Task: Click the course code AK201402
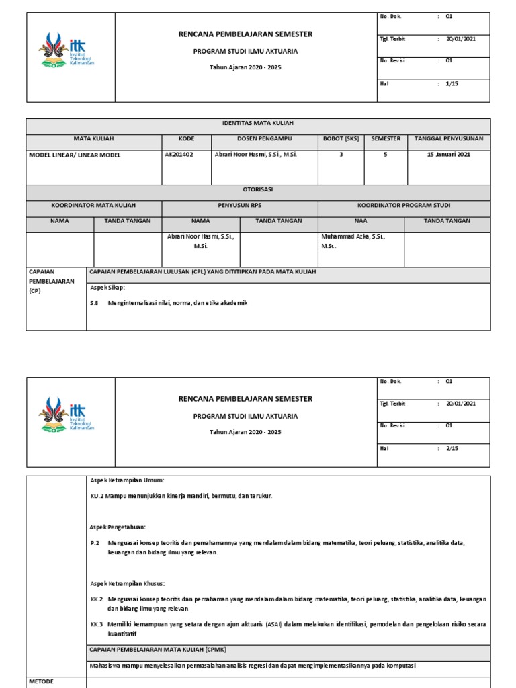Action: coord(179,155)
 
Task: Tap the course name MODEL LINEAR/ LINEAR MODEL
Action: coord(75,155)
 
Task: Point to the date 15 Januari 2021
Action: coord(449,155)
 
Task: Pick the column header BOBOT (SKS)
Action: coord(341,139)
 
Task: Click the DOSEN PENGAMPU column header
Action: coord(264,139)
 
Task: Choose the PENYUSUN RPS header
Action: coord(239,205)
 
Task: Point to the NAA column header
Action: coord(361,221)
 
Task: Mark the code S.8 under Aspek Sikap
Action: coord(94,303)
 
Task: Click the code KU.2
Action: coord(97,496)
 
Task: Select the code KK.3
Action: coord(97,624)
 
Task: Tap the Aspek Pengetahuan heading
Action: coord(118,527)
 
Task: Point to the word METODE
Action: coord(41,681)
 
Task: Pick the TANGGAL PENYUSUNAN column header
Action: coord(449,139)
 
